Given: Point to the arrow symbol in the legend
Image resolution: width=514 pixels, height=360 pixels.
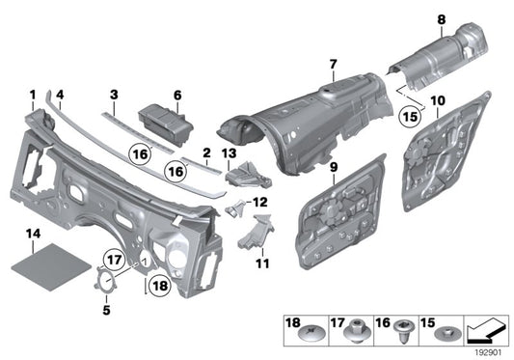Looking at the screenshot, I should click(487, 330).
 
